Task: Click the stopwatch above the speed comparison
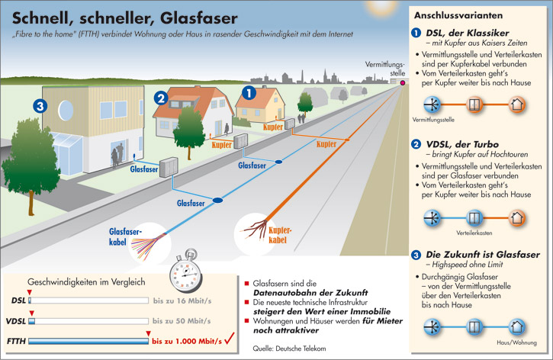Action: coord(186,272)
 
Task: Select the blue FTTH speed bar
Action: coord(88,341)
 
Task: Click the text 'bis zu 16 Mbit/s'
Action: coord(182,301)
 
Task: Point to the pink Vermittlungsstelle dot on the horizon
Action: coord(402,83)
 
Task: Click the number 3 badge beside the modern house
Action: coord(40,106)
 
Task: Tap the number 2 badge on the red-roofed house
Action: coord(161,98)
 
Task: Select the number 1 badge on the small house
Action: coord(249,93)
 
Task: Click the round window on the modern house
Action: coord(66,111)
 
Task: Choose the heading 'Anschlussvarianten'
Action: coord(458,15)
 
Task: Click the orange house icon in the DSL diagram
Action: coord(516,104)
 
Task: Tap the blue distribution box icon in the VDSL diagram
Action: coord(474,218)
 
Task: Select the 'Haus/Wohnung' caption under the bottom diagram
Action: coord(516,342)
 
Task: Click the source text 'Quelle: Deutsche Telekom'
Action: coord(289,349)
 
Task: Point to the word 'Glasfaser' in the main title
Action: coord(199,18)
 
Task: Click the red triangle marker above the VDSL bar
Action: coord(32,313)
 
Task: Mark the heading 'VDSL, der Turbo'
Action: coord(462,144)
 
